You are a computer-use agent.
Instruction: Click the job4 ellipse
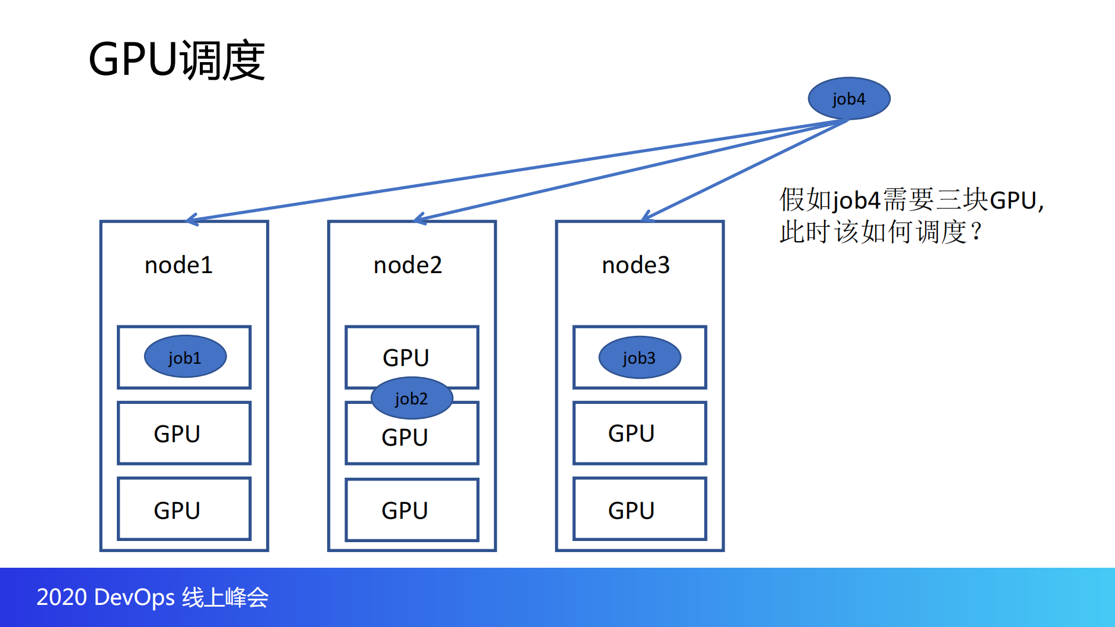pos(849,98)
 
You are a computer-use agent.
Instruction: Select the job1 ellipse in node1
pos(185,357)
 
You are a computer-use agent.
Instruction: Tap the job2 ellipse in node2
pos(411,398)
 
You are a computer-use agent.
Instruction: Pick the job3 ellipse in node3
pos(639,357)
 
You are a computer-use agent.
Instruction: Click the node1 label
pos(178,265)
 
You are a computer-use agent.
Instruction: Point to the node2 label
pos(407,265)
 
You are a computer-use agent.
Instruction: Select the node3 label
pos(636,265)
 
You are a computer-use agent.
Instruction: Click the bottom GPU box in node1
pos(184,509)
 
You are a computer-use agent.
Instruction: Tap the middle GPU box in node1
pos(184,433)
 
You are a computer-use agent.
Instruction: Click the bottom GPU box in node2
pos(411,510)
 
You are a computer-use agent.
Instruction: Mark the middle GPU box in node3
pos(639,433)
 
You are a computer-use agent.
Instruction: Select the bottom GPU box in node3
pos(639,509)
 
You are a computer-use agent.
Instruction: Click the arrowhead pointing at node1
pos(191,220)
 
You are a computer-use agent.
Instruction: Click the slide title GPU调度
pos(177,60)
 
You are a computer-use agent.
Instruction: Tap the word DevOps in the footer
pos(134,597)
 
